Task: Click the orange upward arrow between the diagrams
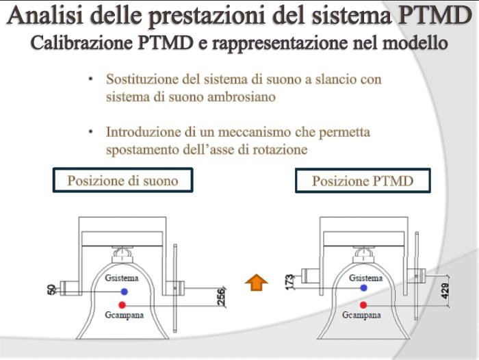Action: click(x=256, y=281)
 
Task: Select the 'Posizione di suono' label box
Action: click(x=122, y=181)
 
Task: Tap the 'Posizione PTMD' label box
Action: click(x=363, y=181)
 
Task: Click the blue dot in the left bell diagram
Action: click(x=123, y=291)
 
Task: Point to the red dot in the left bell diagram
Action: click(x=122, y=305)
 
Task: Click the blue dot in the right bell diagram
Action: click(x=363, y=291)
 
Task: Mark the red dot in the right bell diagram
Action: click(x=363, y=305)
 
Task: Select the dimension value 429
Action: click(x=445, y=290)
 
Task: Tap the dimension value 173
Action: click(x=289, y=281)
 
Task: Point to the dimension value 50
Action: click(x=51, y=290)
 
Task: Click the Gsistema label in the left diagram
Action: click(x=122, y=279)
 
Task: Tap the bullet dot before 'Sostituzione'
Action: click(x=90, y=79)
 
